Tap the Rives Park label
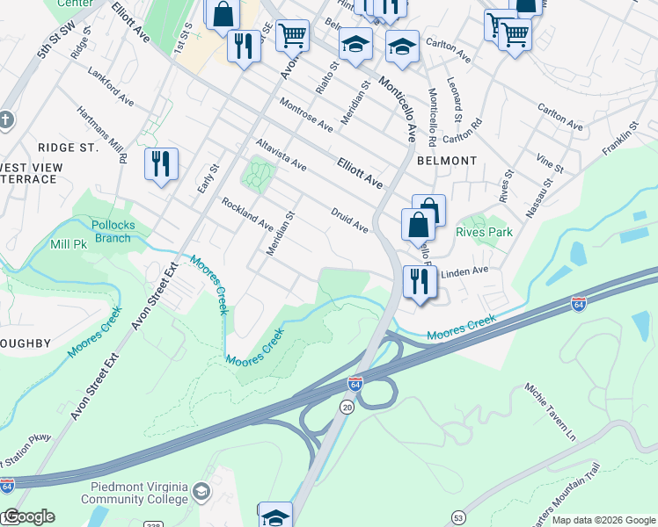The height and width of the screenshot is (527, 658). [484, 233]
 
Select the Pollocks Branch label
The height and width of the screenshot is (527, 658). [113, 232]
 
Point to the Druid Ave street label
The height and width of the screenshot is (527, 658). [349, 220]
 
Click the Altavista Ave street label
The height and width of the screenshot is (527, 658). [281, 153]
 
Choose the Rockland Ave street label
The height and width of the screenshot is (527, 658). [247, 213]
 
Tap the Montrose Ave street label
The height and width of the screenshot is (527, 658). [306, 115]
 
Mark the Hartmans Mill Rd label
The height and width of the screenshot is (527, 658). [102, 134]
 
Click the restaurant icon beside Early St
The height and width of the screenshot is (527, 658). [161, 163]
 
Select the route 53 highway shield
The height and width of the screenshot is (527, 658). [458, 519]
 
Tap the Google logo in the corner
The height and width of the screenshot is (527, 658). [29, 516]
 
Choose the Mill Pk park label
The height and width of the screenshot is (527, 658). [69, 243]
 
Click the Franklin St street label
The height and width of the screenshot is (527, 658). [619, 143]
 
